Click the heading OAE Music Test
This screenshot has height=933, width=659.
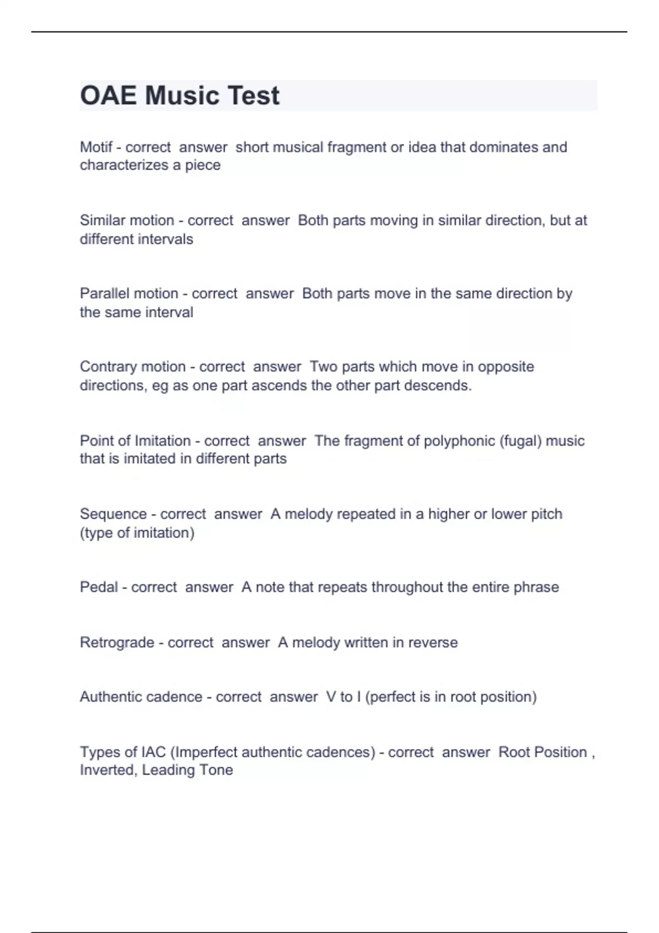click(180, 95)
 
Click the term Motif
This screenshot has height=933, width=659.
click(96, 147)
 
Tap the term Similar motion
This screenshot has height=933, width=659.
click(127, 221)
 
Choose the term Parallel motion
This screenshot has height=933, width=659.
click(129, 294)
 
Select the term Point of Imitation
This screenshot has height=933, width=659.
click(135, 441)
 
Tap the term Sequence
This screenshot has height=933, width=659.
click(113, 514)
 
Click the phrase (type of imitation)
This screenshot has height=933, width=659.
click(137, 533)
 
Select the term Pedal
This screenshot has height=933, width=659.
click(99, 587)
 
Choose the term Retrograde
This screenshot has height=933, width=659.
click(117, 642)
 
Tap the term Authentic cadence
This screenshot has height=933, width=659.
click(141, 697)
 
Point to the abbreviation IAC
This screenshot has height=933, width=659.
click(153, 752)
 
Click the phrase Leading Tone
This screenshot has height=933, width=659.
click(187, 770)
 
